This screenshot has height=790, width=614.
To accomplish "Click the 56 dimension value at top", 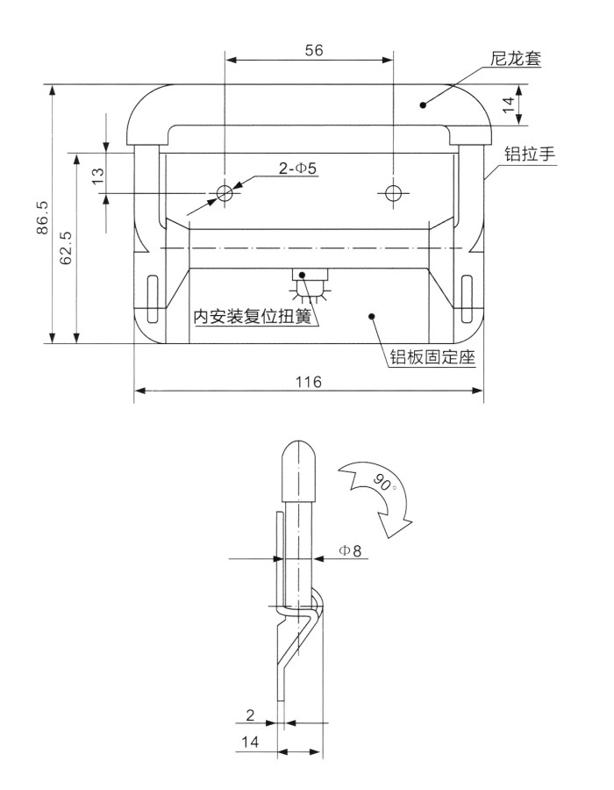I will pyautogui.click(x=314, y=50).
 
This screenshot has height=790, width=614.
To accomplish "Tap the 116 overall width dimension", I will pyautogui.click(x=309, y=382).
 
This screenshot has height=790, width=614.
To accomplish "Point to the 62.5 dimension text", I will pyautogui.click(x=67, y=248).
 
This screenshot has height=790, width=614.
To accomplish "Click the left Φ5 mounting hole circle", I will pyautogui.click(x=225, y=192).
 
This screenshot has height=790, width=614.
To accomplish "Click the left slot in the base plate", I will pyautogui.click(x=153, y=297).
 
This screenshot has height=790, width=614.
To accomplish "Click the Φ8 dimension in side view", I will pyautogui.click(x=349, y=550).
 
